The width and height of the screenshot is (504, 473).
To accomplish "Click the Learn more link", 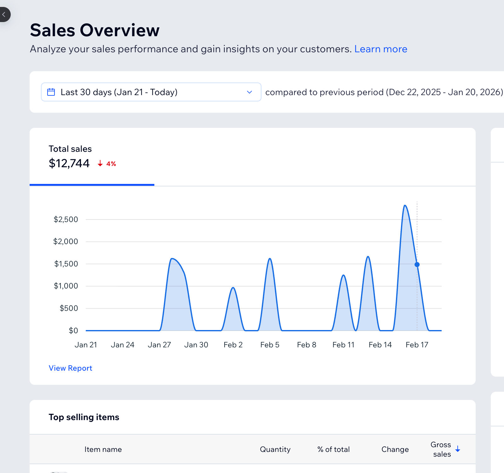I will pos(381,49).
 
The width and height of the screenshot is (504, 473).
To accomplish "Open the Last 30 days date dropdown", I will pos(151,92).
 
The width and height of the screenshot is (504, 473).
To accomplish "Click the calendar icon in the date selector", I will pos(51,92).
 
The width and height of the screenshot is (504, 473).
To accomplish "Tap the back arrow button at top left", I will pos(4,14).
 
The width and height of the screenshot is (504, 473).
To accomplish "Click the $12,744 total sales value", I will pos(69,163).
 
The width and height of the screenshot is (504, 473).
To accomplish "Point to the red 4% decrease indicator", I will pos(107,164).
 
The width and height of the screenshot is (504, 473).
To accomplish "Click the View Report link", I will pos(70,368).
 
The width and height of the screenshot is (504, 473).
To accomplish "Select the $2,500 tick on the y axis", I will pos(66,219).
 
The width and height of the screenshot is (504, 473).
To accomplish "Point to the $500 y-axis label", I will pos(69,308).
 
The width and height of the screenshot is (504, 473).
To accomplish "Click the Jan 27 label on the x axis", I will pos(159,345).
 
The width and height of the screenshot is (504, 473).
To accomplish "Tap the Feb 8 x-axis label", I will pos(306,345).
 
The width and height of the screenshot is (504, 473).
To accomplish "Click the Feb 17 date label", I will pos(417,345).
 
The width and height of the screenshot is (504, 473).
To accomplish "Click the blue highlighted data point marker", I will pos(417,265).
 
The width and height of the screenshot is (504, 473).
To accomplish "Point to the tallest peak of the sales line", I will pos(405,206).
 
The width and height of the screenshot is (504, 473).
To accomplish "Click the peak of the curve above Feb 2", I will pos(233,288).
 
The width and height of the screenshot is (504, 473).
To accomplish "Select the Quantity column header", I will pos(275,449).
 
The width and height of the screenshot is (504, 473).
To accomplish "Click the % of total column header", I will pos(333,449).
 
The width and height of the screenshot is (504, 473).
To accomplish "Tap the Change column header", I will pos(395,449).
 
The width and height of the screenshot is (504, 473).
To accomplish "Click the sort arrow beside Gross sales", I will pos(458,449).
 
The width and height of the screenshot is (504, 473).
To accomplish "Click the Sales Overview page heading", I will pos(94,30).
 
